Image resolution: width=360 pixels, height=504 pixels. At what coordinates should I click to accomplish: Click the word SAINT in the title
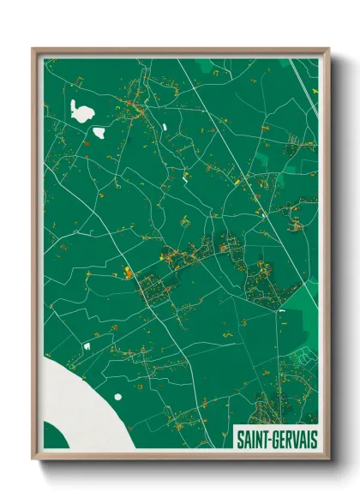[x=253, y=439]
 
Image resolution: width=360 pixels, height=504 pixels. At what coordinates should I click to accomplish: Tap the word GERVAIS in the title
[x=294, y=439]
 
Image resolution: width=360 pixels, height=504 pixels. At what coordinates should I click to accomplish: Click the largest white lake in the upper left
[x=82, y=111]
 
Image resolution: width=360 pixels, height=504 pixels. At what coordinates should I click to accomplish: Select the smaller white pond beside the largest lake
[x=99, y=133]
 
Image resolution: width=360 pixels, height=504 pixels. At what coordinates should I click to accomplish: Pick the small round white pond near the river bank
[x=86, y=345]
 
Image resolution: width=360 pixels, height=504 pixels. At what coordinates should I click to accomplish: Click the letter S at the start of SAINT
[x=240, y=439]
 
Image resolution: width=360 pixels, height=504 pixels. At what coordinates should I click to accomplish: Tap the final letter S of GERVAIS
[x=314, y=439]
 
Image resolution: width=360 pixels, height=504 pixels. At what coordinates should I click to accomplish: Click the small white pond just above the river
[x=86, y=345]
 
